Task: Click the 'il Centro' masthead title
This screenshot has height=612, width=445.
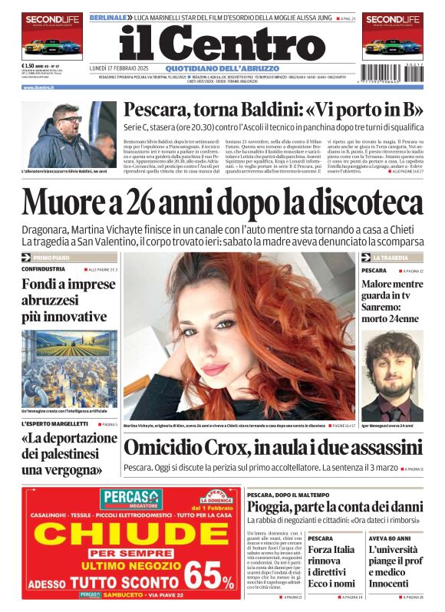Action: coord(222,44)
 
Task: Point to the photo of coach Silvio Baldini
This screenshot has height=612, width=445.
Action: coord(69,135)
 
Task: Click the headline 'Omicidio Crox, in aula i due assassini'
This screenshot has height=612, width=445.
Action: coord(273,448)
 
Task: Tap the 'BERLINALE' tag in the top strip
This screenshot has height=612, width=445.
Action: coord(107,16)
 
